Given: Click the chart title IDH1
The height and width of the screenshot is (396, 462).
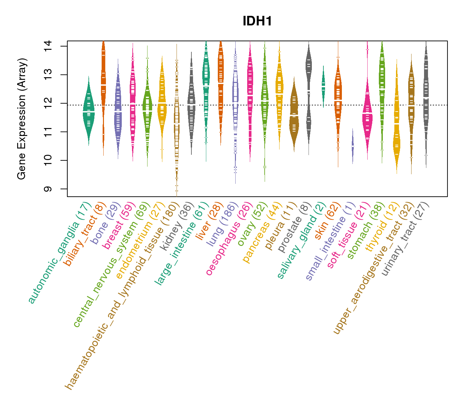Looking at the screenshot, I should (x=257, y=21).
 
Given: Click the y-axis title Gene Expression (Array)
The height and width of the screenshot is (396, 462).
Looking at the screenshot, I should (x=22, y=119).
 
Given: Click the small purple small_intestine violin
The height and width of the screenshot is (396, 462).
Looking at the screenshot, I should (x=352, y=146).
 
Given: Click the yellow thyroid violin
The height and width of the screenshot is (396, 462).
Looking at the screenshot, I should (x=396, y=139).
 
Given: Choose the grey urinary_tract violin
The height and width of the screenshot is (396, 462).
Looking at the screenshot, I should (x=426, y=99).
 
